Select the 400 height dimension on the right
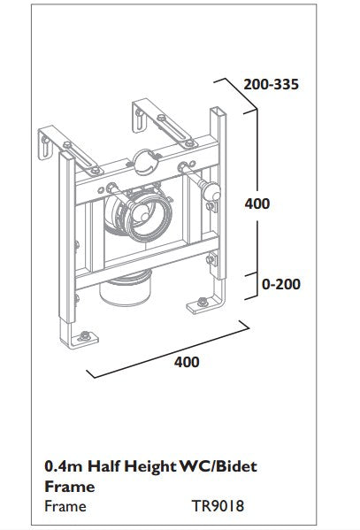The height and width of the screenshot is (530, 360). coord(257,204)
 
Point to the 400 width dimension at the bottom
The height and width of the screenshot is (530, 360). coord(186,362)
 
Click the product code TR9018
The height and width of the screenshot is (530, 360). coord(217,507)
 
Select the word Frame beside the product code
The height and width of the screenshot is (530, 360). coord(65,507)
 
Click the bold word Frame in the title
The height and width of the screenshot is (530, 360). coord(67,487)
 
